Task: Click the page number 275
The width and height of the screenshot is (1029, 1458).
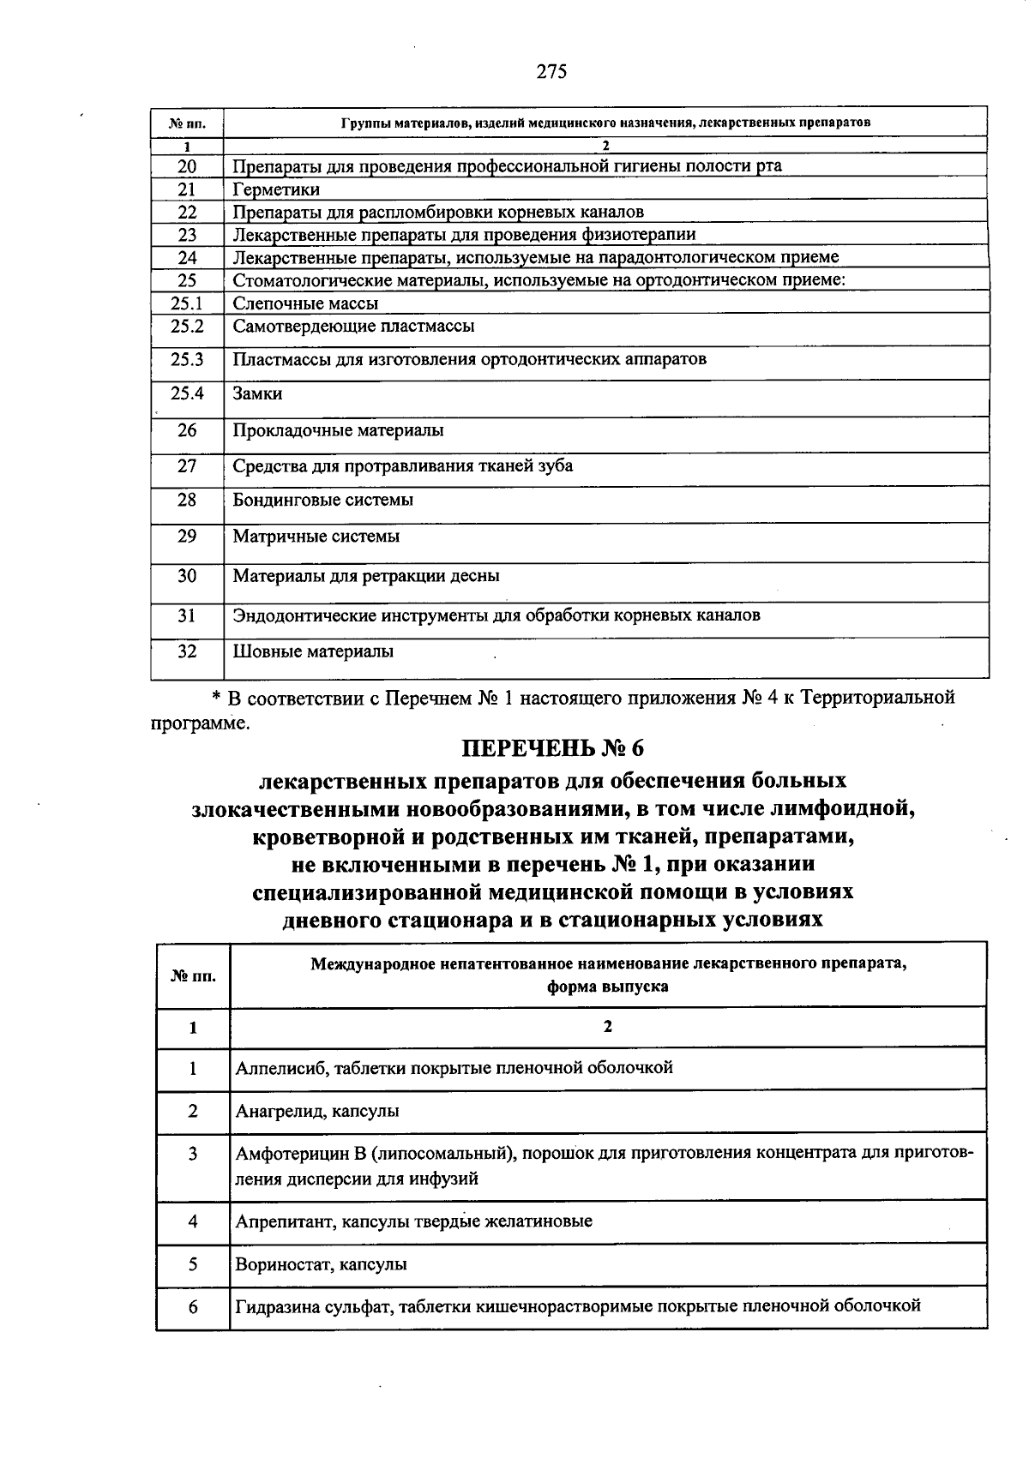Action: pyautogui.click(x=551, y=71)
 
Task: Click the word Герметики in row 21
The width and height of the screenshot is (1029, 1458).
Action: pyautogui.click(x=276, y=189)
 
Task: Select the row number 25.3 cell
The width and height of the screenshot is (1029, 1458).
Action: pyautogui.click(x=187, y=359)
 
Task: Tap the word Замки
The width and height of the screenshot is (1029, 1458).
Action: pyautogui.click(x=257, y=394)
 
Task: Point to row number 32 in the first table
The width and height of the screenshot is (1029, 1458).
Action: pyautogui.click(x=187, y=651)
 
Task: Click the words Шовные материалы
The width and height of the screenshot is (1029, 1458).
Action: pyautogui.click(x=313, y=651)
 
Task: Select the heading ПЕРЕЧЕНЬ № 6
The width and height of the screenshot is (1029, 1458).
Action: pyautogui.click(x=552, y=748)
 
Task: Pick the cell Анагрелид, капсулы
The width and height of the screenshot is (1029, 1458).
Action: pyautogui.click(x=317, y=1112)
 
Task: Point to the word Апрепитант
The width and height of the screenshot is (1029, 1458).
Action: pyautogui.click(x=286, y=1221)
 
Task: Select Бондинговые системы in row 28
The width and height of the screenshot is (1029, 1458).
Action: pyautogui.click(x=323, y=500)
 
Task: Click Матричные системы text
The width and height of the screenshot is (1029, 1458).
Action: pyautogui.click(x=316, y=537)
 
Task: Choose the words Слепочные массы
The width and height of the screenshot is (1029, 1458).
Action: pyautogui.click(x=305, y=303)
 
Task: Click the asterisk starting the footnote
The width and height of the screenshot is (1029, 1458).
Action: pyautogui.click(x=217, y=698)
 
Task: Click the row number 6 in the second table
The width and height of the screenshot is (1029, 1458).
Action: pyautogui.click(x=193, y=1306)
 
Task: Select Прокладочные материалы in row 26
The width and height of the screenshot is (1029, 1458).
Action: pyautogui.click(x=338, y=430)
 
